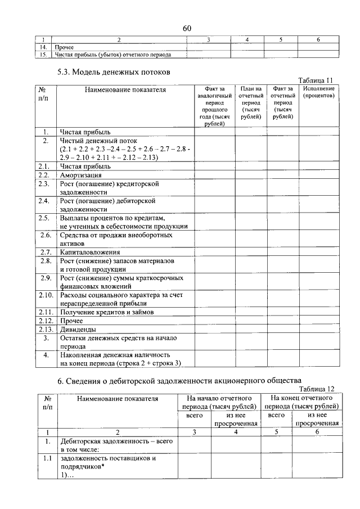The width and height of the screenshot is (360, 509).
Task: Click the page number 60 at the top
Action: [x=187, y=29]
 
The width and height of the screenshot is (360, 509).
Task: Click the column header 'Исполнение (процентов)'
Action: [x=318, y=92]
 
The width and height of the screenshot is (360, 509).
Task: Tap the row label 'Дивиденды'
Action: [x=78, y=329]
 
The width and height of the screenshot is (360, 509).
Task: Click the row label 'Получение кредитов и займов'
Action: [x=106, y=311]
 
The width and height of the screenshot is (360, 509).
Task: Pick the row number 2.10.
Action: [x=45, y=295]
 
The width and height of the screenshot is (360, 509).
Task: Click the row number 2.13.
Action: [x=45, y=329]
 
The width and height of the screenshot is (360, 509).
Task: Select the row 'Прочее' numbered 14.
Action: [x=65, y=47]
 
